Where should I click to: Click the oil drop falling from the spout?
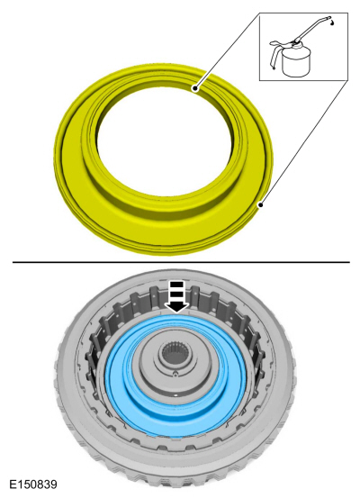point(332,23)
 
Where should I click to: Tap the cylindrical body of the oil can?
point(296,61)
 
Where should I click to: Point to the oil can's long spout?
point(312,28)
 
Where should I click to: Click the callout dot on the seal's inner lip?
point(195,88)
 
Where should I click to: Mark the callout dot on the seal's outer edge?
point(261,205)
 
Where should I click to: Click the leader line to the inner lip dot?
point(228,50)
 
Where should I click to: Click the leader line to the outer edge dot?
point(304,142)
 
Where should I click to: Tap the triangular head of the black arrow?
point(177,307)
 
